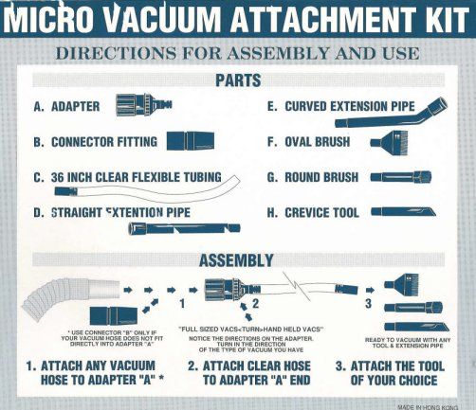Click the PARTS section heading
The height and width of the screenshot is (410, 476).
[238, 80]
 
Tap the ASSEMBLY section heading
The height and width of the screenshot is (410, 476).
[236, 260]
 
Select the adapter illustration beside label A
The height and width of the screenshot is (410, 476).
[144, 104]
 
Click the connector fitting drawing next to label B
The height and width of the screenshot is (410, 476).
[191, 141]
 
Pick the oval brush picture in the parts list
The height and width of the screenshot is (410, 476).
[390, 142]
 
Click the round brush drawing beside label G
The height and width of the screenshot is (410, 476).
[401, 176]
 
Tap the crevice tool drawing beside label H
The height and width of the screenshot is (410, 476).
[403, 211]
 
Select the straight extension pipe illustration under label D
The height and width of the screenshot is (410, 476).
[184, 228]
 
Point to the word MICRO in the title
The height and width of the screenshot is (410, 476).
[48, 19]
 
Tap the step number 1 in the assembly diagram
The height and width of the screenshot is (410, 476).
[182, 303]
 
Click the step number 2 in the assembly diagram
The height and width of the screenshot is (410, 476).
[255, 303]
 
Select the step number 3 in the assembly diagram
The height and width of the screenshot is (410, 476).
[368, 303]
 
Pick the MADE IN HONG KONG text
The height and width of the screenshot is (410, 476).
[428, 407]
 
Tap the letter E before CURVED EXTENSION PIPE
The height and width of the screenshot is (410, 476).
[271, 106]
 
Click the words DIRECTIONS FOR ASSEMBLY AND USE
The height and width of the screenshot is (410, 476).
[238, 53]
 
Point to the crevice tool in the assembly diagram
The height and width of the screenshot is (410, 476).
[416, 327]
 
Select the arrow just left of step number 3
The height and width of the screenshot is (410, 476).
[370, 290]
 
